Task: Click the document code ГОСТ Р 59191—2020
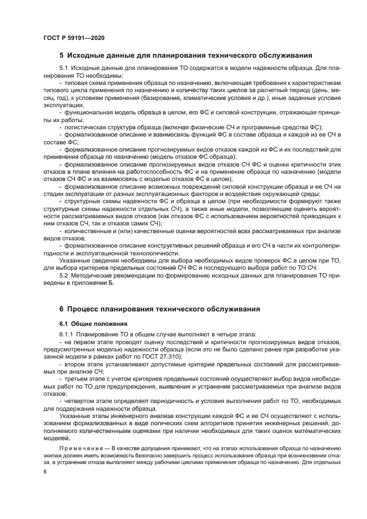point(73,37)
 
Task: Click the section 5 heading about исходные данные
point(185,56)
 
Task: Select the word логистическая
point(83,127)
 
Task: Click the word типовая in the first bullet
point(76,82)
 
